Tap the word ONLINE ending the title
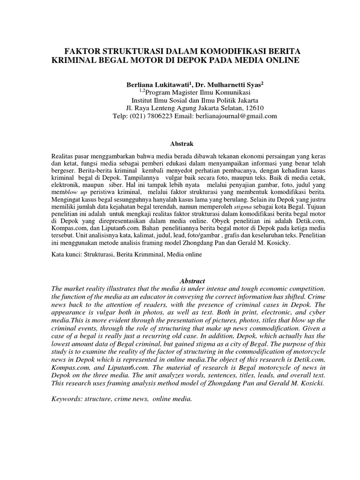[285, 60]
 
